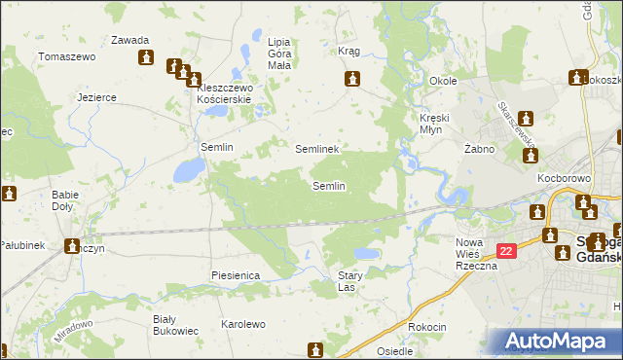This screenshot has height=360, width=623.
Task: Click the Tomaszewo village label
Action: pos(66,56)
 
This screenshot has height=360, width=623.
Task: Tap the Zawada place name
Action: pos(129,41)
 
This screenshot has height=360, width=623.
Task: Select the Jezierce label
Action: pos(97,97)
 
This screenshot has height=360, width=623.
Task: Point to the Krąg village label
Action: pos(348,51)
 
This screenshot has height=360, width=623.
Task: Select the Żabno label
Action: pos(480,149)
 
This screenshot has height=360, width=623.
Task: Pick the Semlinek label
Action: pos(316,149)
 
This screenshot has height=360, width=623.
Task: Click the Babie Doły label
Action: pos(65,200)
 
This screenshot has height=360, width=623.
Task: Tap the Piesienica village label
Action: pos(235,275)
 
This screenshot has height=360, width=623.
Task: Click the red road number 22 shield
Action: pos(505,251)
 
